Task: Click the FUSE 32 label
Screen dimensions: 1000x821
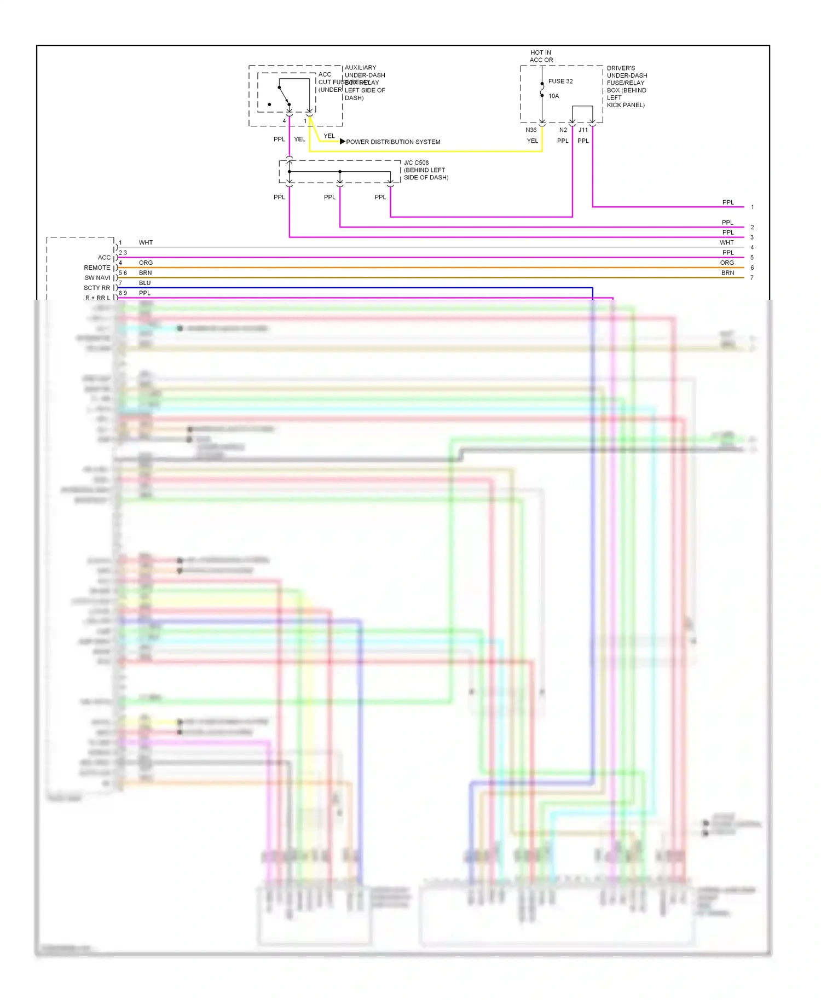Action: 560,82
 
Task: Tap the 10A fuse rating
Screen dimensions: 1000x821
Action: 554,96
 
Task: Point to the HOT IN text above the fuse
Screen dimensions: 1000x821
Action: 541,53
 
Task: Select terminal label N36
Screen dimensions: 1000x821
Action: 531,130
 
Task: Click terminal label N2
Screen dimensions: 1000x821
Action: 563,130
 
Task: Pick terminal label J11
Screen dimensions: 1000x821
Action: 583,130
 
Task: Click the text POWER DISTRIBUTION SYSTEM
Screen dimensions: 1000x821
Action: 393,142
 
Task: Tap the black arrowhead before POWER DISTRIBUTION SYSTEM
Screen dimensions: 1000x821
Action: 343,142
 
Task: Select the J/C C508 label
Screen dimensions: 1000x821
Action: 416,163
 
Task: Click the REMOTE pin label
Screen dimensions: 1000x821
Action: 97,268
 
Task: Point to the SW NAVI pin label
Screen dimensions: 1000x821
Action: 97,278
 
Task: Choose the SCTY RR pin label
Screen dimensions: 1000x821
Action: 96,288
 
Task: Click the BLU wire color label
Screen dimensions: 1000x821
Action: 144,283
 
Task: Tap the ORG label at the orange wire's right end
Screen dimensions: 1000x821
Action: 727,263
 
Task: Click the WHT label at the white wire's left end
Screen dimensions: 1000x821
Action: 146,243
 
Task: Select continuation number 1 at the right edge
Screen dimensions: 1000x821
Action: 753,207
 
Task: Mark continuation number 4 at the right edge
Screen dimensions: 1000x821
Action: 752,248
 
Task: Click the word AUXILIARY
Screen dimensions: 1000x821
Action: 360,68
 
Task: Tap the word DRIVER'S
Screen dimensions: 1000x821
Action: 621,68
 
